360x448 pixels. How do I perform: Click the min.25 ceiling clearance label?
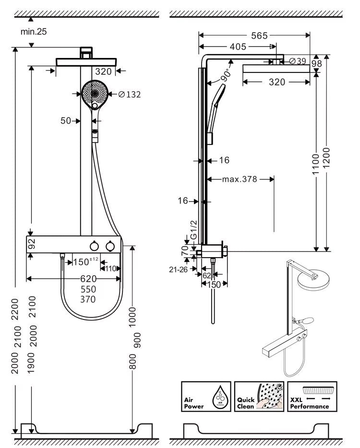tap(33, 32)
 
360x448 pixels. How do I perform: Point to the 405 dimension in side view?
tap(237, 47)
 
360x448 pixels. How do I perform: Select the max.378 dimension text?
tap(240, 179)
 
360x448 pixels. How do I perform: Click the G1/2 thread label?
tap(194, 230)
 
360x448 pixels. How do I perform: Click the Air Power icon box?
tap(206, 397)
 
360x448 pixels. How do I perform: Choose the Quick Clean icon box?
tap(259, 397)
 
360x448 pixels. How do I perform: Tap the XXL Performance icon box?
tap(312, 397)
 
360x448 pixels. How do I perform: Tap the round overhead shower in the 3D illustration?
tap(311, 276)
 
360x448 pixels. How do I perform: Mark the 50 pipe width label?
tap(66, 121)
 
